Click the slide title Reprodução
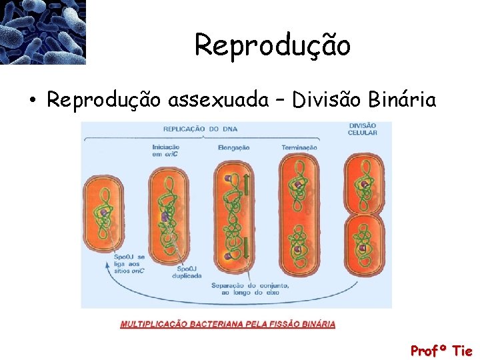pyautogui.click(x=272, y=45)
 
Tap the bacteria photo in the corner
pyautogui.click(x=43, y=31)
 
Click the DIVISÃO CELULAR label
pyautogui.click(x=362, y=129)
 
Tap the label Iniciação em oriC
pyautogui.click(x=166, y=151)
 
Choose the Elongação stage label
pyautogui.click(x=233, y=147)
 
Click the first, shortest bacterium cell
pyautogui.click(x=103, y=213)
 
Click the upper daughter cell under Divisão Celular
pyautogui.click(x=363, y=184)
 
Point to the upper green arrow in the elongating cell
pyautogui.click(x=246, y=184)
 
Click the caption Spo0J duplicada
pyautogui.click(x=187, y=272)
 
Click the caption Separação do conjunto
pyautogui.click(x=250, y=288)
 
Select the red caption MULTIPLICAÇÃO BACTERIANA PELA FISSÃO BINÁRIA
pyautogui.click(x=227, y=325)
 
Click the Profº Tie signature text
pyautogui.click(x=441, y=351)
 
